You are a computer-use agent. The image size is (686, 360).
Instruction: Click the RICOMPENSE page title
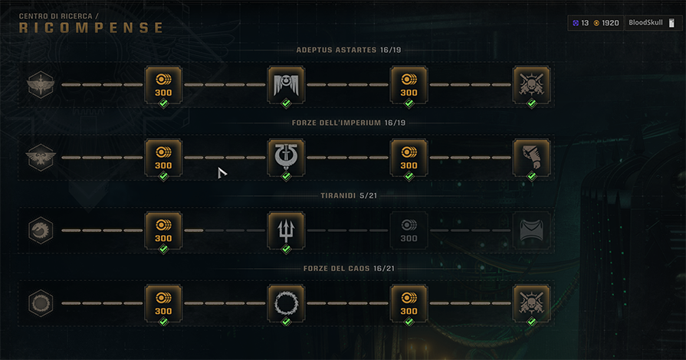pyautogui.click(x=91, y=28)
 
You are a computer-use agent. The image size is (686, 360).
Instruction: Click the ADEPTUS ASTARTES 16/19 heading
pyautogui.click(x=347, y=51)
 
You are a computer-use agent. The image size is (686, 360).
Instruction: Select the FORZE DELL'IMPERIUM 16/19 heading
pyautogui.click(x=347, y=123)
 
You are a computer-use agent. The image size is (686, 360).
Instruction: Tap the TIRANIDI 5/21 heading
pyautogui.click(x=347, y=195)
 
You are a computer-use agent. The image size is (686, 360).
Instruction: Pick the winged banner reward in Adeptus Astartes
pyautogui.click(x=286, y=84)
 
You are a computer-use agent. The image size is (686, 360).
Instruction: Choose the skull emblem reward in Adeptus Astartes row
pyautogui.click(x=531, y=84)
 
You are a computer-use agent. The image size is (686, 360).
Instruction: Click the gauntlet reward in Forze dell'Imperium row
pyautogui.click(x=531, y=157)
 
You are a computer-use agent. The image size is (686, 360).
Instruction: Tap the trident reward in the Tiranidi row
pyautogui.click(x=286, y=230)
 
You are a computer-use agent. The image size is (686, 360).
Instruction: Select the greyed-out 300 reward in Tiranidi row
pyautogui.click(x=409, y=230)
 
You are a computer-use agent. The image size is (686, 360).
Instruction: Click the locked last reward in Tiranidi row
pyautogui.click(x=531, y=230)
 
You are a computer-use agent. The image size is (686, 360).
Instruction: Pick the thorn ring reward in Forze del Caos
pyautogui.click(x=286, y=303)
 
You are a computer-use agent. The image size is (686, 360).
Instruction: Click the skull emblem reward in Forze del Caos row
pyautogui.click(x=531, y=303)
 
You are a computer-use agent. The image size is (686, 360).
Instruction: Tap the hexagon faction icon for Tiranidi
pyautogui.click(x=40, y=230)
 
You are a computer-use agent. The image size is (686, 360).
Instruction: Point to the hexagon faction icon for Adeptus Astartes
pyautogui.click(x=40, y=84)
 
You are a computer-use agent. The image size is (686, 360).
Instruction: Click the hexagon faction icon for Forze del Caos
pyautogui.click(x=40, y=303)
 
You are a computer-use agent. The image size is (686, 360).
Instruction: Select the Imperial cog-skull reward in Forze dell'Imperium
pyautogui.click(x=286, y=157)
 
